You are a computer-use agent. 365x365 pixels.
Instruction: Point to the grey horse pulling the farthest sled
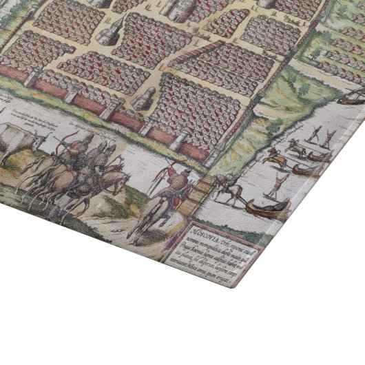[x=297, y=145]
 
